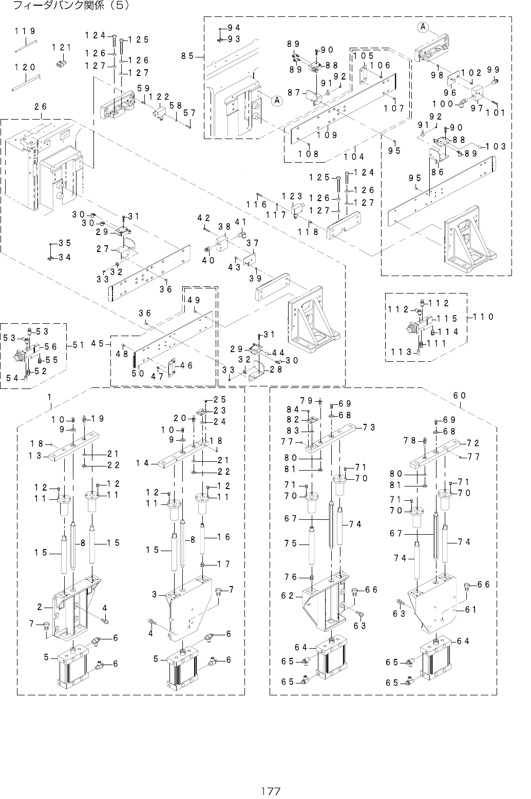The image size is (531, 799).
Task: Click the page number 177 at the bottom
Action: click(270, 791)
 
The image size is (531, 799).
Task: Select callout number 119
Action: click(25, 31)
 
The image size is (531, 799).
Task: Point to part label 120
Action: click(25, 67)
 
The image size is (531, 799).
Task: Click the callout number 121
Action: click(61, 48)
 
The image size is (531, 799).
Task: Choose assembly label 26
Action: click(41, 107)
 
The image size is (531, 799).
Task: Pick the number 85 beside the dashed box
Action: click(187, 56)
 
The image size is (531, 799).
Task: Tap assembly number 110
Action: click(484, 317)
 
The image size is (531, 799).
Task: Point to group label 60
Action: click(460, 395)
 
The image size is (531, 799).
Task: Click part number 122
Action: click(163, 96)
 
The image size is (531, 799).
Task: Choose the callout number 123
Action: click(292, 197)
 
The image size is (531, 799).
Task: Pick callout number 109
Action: click(327, 135)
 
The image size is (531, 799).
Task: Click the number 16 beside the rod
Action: click(223, 537)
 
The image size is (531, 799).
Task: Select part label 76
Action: click(291, 577)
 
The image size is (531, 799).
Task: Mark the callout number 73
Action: click(369, 427)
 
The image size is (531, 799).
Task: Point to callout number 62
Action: click(288, 596)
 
